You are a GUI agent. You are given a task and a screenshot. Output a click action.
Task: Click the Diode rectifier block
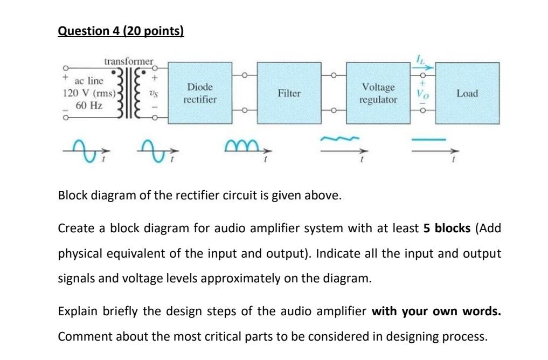click(200, 93)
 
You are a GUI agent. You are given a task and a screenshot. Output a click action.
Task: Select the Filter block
click(289, 93)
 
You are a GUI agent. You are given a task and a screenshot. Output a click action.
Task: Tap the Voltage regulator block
click(378, 93)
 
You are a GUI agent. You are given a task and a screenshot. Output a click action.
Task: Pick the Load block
click(467, 93)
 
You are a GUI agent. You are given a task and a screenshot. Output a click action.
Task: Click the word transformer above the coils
click(129, 61)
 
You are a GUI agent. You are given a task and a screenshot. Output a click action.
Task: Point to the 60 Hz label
click(89, 105)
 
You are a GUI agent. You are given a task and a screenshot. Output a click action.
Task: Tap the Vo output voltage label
click(422, 94)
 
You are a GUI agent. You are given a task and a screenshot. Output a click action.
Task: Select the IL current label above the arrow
click(422, 59)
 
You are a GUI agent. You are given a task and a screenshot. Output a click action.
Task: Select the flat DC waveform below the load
click(429, 140)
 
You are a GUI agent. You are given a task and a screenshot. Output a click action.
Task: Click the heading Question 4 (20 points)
click(121, 31)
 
